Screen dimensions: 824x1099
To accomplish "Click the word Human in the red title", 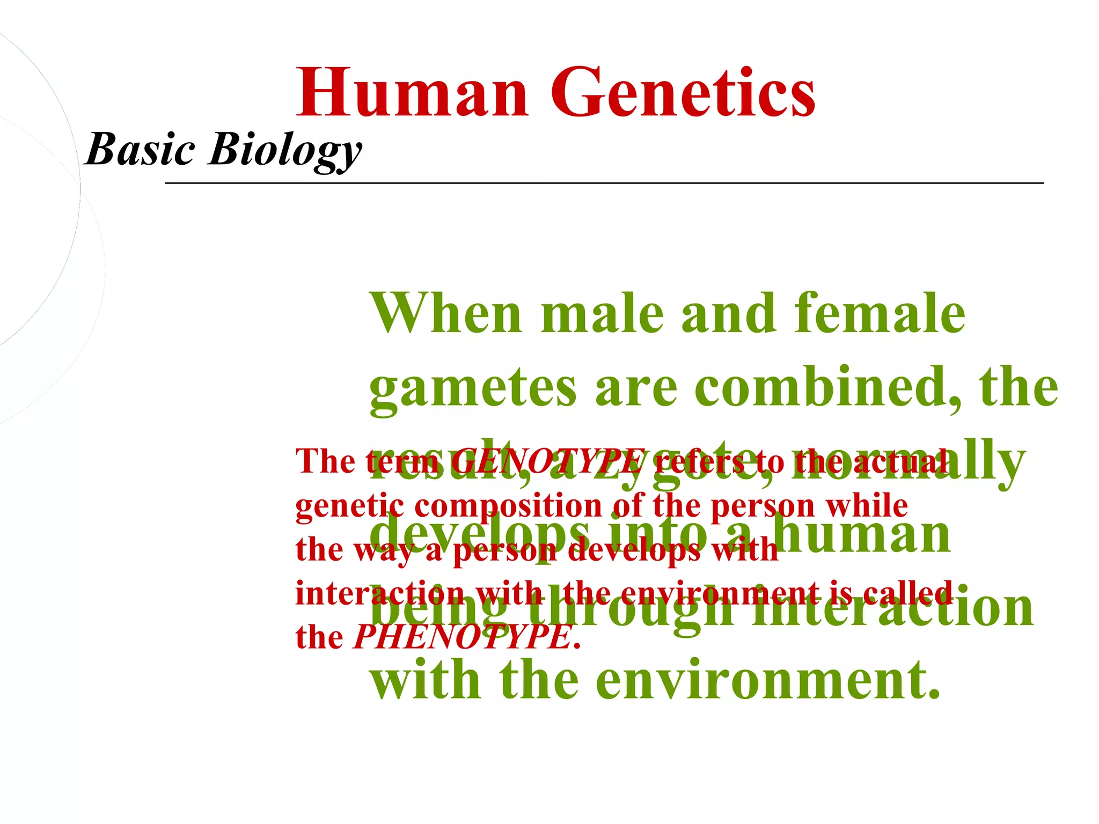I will pos(413,92).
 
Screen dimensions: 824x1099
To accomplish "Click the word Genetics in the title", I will pos(683,92).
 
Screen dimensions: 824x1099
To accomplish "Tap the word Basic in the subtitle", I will pos(140,149).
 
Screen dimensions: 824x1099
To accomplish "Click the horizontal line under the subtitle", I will pos(604,183).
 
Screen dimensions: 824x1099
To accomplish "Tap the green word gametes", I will pos(473,387).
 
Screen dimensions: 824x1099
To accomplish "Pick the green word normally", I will pos(934,461).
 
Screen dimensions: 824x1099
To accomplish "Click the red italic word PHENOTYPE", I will pos(462,637).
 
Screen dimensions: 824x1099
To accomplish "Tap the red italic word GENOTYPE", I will pos(548,461).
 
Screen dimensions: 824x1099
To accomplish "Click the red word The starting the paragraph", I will pos(325,461).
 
